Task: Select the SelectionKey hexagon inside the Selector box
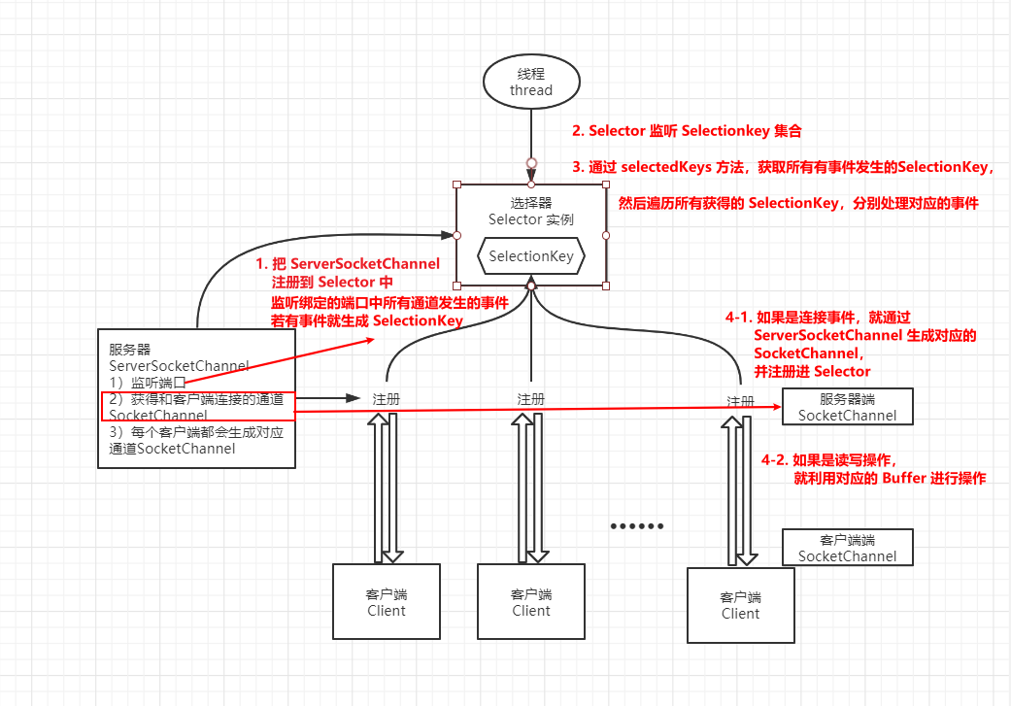(531, 257)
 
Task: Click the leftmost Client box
(386, 601)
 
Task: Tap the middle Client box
(531, 601)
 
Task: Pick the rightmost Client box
(740, 604)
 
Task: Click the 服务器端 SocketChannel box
(847, 407)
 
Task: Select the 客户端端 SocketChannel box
(847, 548)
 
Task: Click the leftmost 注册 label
(386, 399)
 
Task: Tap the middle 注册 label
(531, 399)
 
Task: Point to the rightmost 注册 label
(741, 401)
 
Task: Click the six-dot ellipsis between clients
(637, 526)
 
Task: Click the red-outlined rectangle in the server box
(196, 407)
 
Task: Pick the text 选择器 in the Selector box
(531, 203)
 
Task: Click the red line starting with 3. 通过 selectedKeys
(792, 167)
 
